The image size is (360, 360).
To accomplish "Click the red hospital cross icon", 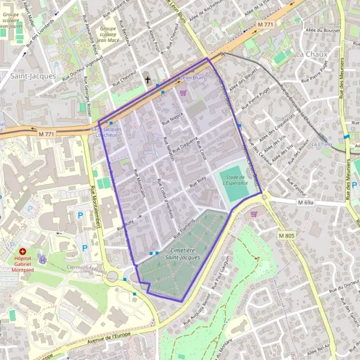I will click(x=23, y=251).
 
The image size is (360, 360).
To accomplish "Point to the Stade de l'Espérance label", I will click(x=234, y=180).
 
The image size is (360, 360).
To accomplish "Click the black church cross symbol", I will click(x=148, y=79).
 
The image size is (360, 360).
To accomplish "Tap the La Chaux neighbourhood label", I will click(x=311, y=54).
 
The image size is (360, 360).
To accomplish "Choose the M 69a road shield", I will click(x=305, y=203).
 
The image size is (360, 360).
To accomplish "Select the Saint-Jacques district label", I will click(x=33, y=76).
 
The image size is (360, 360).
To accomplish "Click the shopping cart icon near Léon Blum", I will click(x=182, y=92).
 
